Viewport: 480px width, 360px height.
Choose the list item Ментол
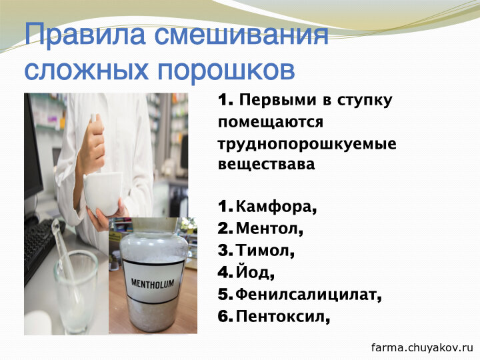pos(270,229)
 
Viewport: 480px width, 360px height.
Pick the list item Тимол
pos(265,251)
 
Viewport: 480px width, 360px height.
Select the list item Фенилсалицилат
pos(309,295)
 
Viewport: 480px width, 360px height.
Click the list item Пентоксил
pos(283,316)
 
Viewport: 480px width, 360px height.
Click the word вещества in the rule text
pos(266,164)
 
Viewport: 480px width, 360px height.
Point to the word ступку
pos(365,101)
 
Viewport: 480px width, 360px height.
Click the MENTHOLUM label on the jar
pos(153,284)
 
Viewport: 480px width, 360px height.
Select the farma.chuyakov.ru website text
pos(422,348)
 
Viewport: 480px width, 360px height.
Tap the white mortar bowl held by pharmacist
pos(103,193)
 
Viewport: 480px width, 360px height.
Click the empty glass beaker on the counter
pos(77,291)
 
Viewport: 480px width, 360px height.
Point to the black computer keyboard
pos(42,248)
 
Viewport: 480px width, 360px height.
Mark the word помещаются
pos(271,123)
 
